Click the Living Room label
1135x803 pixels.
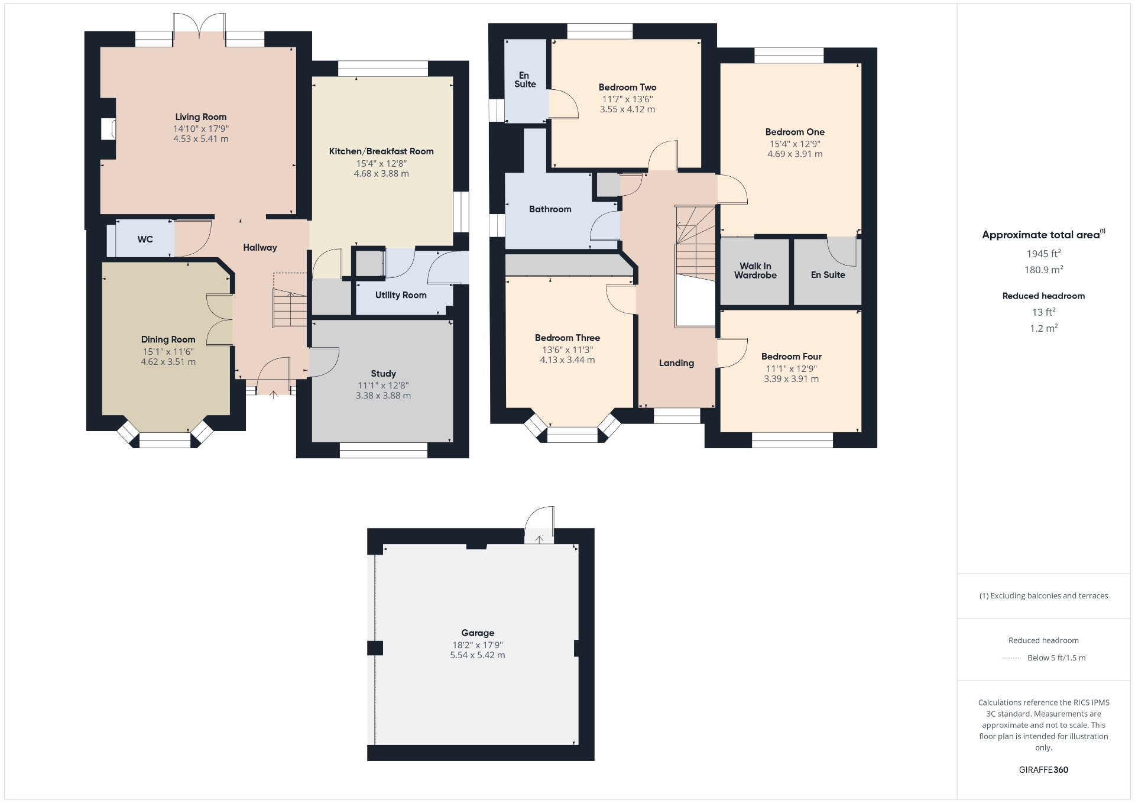coord(201,117)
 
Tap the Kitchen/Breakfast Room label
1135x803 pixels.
coord(381,151)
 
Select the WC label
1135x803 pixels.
coord(145,239)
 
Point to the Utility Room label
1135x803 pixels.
coord(401,295)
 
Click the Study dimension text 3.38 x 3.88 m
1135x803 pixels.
coord(383,396)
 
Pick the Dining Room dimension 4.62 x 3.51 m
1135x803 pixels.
coord(168,362)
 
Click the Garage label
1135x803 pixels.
coord(478,633)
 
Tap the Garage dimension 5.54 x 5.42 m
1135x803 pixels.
coord(478,655)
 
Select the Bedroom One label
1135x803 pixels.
coord(794,132)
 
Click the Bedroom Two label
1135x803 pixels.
coord(627,88)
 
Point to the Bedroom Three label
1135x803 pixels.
coord(567,338)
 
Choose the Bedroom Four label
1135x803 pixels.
coord(791,357)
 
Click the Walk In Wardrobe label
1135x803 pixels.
coord(755,271)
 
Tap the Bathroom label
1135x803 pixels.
coord(550,209)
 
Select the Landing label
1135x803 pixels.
coord(676,363)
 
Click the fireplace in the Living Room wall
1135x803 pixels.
coord(108,129)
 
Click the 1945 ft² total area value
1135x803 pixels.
coord(1043,254)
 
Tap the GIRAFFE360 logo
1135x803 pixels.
coord(1043,770)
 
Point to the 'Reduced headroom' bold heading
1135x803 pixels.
coord(1043,296)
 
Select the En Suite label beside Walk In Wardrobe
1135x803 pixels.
coord(828,275)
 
